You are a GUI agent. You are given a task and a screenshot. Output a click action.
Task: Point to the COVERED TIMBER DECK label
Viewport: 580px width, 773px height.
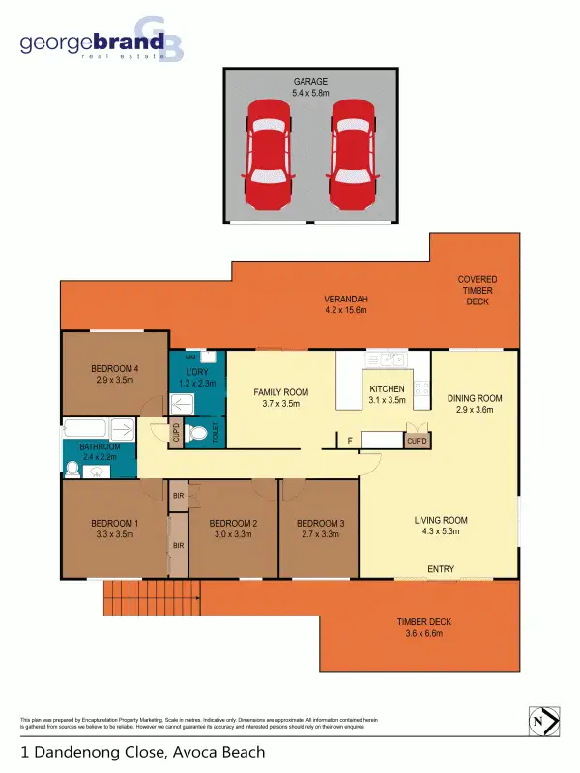478,290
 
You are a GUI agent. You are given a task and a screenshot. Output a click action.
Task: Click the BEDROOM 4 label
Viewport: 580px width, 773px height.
115,374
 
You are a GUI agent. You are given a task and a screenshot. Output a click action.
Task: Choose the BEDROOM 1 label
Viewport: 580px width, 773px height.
115,530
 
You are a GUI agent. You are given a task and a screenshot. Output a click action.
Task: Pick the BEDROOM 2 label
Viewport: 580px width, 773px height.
232,530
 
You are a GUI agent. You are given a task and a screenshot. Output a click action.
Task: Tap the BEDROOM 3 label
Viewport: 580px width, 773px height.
319,530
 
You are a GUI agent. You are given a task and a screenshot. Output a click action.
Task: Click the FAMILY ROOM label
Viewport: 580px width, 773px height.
280,397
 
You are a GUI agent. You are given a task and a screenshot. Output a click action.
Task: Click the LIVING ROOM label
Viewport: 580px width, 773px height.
441,526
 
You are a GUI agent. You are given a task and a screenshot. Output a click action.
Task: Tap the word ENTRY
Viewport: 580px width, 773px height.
441,569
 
